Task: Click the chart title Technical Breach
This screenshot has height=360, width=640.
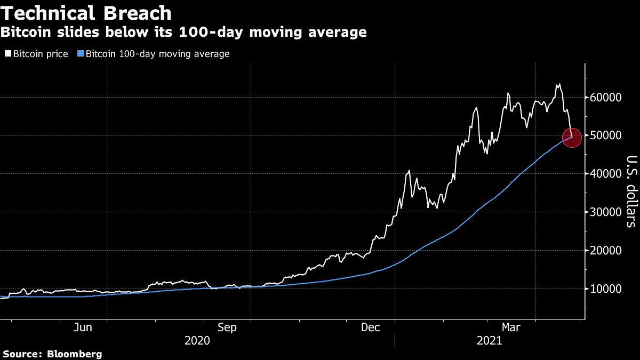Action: click(86, 13)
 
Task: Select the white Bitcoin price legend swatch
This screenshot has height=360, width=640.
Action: click(8, 54)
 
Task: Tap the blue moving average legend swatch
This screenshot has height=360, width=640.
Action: click(81, 54)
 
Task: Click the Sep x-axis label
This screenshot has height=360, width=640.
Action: click(227, 327)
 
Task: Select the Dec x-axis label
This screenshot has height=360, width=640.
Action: click(371, 327)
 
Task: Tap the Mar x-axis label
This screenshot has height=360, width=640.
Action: click(512, 327)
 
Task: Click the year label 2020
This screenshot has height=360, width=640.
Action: click(198, 340)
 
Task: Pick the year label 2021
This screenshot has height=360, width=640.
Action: click(488, 340)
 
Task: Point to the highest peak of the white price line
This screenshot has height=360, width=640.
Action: click(558, 84)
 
